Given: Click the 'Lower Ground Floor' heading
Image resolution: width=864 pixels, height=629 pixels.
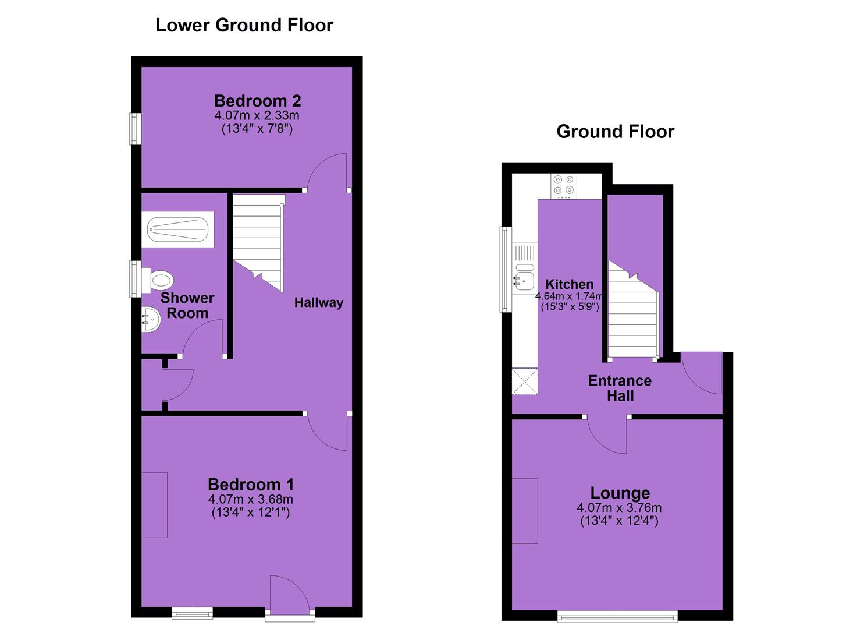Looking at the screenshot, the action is (x=244, y=26).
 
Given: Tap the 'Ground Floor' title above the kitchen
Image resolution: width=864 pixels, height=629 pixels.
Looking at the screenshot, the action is (x=615, y=132).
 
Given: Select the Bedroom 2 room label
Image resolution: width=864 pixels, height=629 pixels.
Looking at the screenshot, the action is (x=257, y=101).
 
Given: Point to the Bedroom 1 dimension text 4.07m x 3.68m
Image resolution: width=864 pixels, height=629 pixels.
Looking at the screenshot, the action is (x=250, y=499).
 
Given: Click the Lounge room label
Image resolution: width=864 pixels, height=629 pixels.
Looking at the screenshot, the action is (x=620, y=493).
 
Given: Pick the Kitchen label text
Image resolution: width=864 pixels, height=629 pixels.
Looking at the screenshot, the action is (x=570, y=285).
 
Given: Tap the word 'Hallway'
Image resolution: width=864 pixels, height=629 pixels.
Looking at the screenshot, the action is (x=319, y=303).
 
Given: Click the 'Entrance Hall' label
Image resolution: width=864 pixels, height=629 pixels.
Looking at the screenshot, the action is (x=620, y=388).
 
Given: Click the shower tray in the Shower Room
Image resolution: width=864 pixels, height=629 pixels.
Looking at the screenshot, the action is (x=178, y=229).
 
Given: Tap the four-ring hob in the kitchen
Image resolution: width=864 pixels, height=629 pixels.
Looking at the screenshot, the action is (x=564, y=186).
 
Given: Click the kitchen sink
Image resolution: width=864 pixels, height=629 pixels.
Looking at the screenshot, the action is (x=524, y=276).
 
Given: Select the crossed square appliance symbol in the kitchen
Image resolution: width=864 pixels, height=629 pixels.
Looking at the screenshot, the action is (x=525, y=382).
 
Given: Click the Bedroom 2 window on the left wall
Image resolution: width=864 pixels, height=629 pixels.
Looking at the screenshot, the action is (x=135, y=129).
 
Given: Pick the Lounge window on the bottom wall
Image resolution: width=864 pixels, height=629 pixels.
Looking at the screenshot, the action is (x=617, y=616).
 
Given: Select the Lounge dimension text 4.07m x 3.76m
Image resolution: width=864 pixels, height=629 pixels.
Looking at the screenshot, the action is (x=619, y=508).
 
